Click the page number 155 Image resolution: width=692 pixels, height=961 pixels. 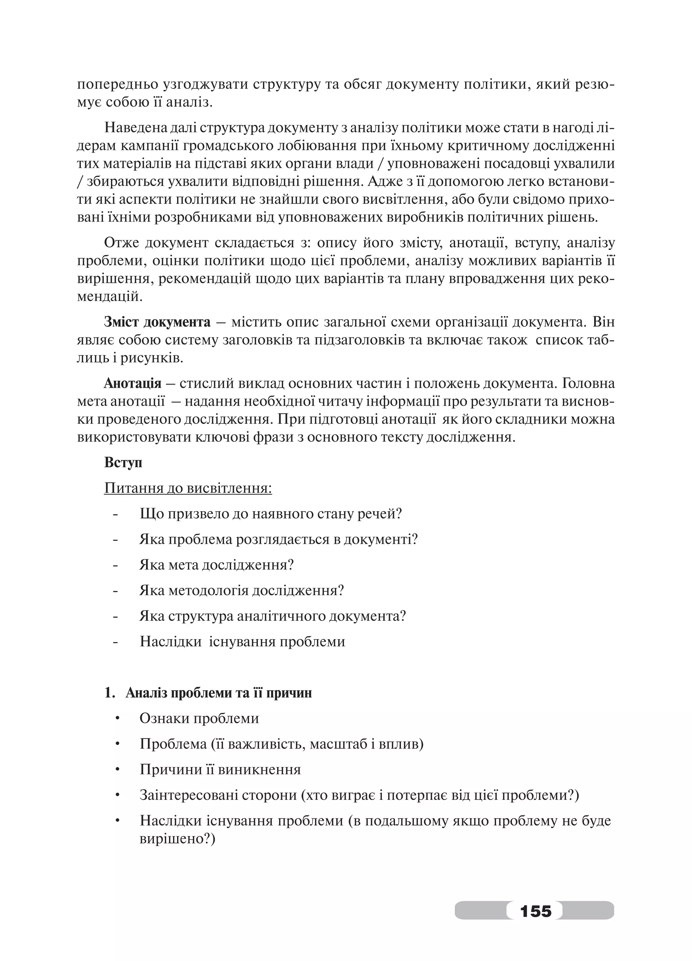(535, 910)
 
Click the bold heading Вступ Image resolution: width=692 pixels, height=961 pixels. (123, 462)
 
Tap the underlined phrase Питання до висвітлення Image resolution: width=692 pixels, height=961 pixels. (188, 488)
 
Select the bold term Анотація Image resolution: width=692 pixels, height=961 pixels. (133, 383)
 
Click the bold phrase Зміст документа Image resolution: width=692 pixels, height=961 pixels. (157, 322)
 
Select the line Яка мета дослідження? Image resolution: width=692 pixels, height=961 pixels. (217, 565)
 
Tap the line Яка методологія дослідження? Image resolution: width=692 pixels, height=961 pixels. (241, 590)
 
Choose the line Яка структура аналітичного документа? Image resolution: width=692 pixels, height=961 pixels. (272, 616)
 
